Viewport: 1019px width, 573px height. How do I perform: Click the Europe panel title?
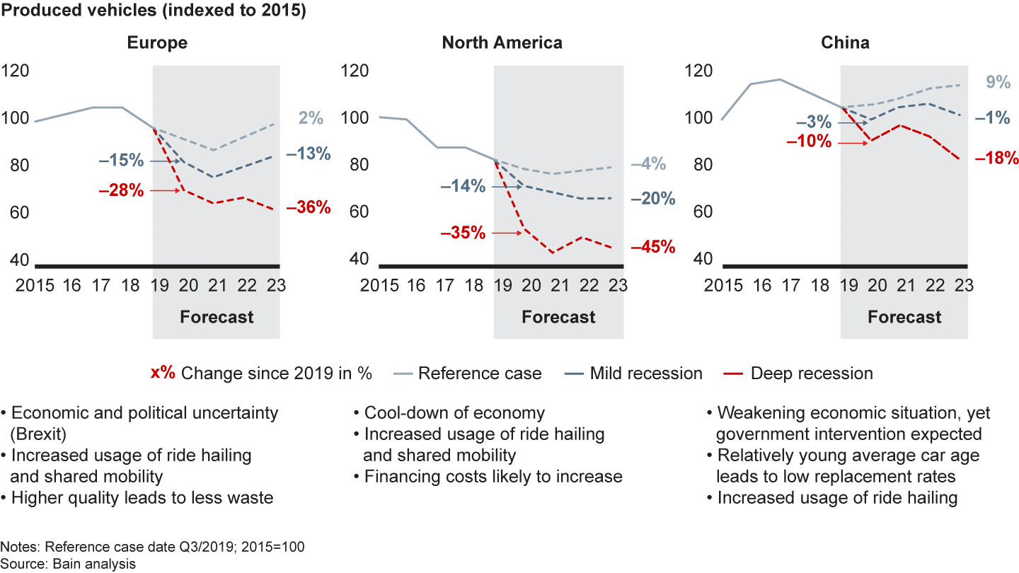tap(157, 42)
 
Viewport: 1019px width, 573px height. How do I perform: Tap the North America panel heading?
tap(502, 42)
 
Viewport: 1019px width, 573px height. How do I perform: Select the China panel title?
tap(845, 42)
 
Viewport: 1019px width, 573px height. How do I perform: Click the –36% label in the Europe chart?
tap(309, 207)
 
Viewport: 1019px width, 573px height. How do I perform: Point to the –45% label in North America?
tap(653, 248)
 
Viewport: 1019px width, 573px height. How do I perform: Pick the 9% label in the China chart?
tap(998, 82)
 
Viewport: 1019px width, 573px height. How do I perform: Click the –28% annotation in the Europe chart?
tap(122, 191)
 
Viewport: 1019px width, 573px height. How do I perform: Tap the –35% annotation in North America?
tap(463, 233)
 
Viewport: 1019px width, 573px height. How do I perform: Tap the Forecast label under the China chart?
tap(904, 316)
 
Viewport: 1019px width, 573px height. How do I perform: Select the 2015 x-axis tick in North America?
tap(379, 286)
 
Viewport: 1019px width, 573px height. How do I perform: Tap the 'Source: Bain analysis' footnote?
tap(68, 563)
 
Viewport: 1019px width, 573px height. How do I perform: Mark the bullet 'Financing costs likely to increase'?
tap(493, 477)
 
